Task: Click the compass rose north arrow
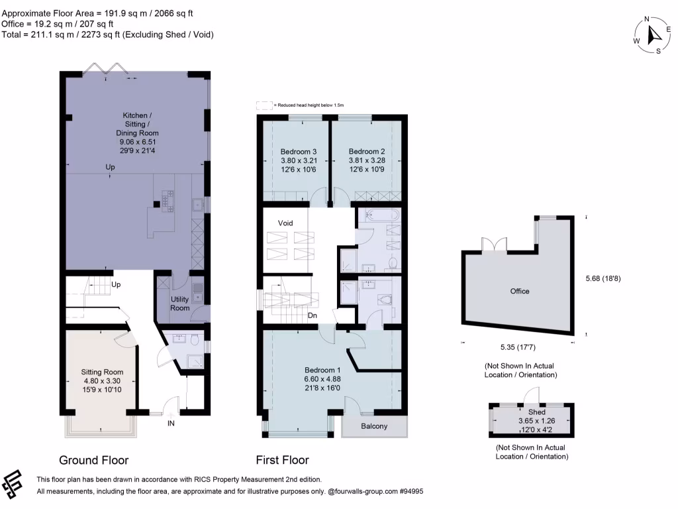pyautogui.click(x=652, y=33)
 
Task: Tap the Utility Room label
pyautogui.click(x=179, y=304)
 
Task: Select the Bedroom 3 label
pyautogui.click(x=295, y=150)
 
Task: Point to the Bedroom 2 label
pyautogui.click(x=367, y=150)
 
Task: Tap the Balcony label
pyautogui.click(x=375, y=426)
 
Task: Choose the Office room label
pyautogui.click(x=520, y=291)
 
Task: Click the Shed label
pyautogui.click(x=532, y=412)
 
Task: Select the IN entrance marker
pyautogui.click(x=171, y=422)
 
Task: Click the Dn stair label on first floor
pyautogui.click(x=313, y=315)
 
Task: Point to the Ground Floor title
pyautogui.click(x=94, y=460)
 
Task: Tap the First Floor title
pyautogui.click(x=282, y=460)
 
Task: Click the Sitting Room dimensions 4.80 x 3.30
pyautogui.click(x=101, y=381)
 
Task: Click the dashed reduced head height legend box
pyautogui.click(x=264, y=105)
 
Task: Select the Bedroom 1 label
pyautogui.click(x=322, y=370)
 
